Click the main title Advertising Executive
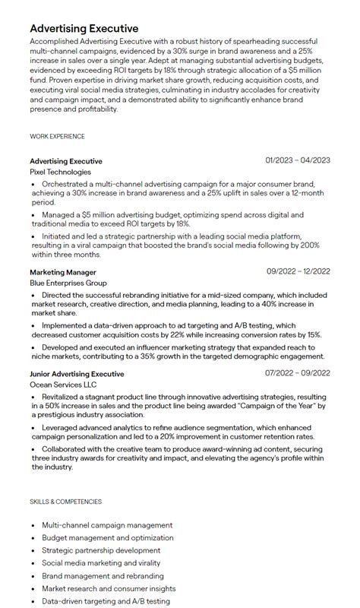pos(84,29)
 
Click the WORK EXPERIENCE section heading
pos(57,137)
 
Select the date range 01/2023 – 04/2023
pos(298,160)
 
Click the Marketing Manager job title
pos(63,271)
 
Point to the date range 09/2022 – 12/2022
pos(298,271)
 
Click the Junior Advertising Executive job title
pos(77,374)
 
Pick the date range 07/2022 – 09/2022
pos(298,373)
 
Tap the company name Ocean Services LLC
pos(64,385)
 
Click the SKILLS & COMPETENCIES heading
pos(65,502)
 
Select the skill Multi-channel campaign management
pos(107,525)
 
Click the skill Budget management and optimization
pos(108,538)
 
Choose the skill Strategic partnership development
pos(101,550)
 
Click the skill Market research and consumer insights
pos(109,588)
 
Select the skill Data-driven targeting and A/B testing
pos(106,601)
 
